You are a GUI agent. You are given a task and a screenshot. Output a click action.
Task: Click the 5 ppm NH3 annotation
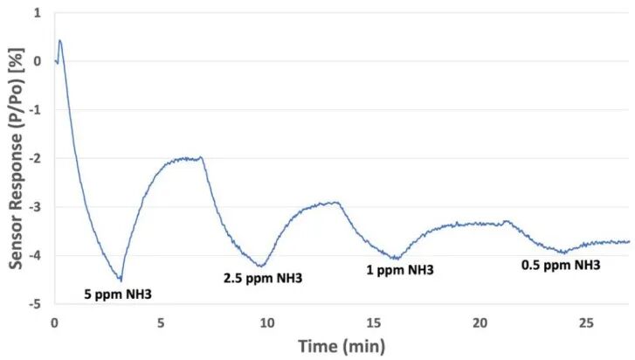(118, 294)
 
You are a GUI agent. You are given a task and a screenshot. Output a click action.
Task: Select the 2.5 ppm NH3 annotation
(263, 278)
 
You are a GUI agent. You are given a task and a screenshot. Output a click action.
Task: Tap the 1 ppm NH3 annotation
(400, 270)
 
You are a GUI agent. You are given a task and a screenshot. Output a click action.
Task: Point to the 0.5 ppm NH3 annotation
(561, 266)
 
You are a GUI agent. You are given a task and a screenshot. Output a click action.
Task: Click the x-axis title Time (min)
(342, 347)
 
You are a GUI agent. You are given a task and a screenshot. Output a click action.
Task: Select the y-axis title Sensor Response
(17, 158)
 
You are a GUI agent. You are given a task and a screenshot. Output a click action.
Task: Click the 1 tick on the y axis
(38, 13)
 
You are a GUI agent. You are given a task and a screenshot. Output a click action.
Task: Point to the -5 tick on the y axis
(35, 304)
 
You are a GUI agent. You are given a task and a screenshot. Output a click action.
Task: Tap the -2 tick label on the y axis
(35, 158)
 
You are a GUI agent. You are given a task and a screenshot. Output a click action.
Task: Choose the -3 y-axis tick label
(35, 207)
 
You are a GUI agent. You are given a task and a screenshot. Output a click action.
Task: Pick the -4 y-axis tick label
(35, 255)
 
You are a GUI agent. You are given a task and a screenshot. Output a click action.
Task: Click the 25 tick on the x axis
(586, 323)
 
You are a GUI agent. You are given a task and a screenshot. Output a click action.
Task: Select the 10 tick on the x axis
(267, 323)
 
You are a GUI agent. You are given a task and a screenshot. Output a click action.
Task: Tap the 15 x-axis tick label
(374, 323)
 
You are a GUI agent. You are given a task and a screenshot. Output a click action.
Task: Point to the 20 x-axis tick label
(480, 323)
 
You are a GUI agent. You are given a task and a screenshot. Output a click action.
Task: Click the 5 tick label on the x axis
(162, 323)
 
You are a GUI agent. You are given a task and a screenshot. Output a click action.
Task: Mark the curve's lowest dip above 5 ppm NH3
(121, 280)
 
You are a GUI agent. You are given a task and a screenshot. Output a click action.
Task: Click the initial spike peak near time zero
(60, 40)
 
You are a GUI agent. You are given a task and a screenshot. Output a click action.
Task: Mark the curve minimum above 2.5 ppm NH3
(262, 266)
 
